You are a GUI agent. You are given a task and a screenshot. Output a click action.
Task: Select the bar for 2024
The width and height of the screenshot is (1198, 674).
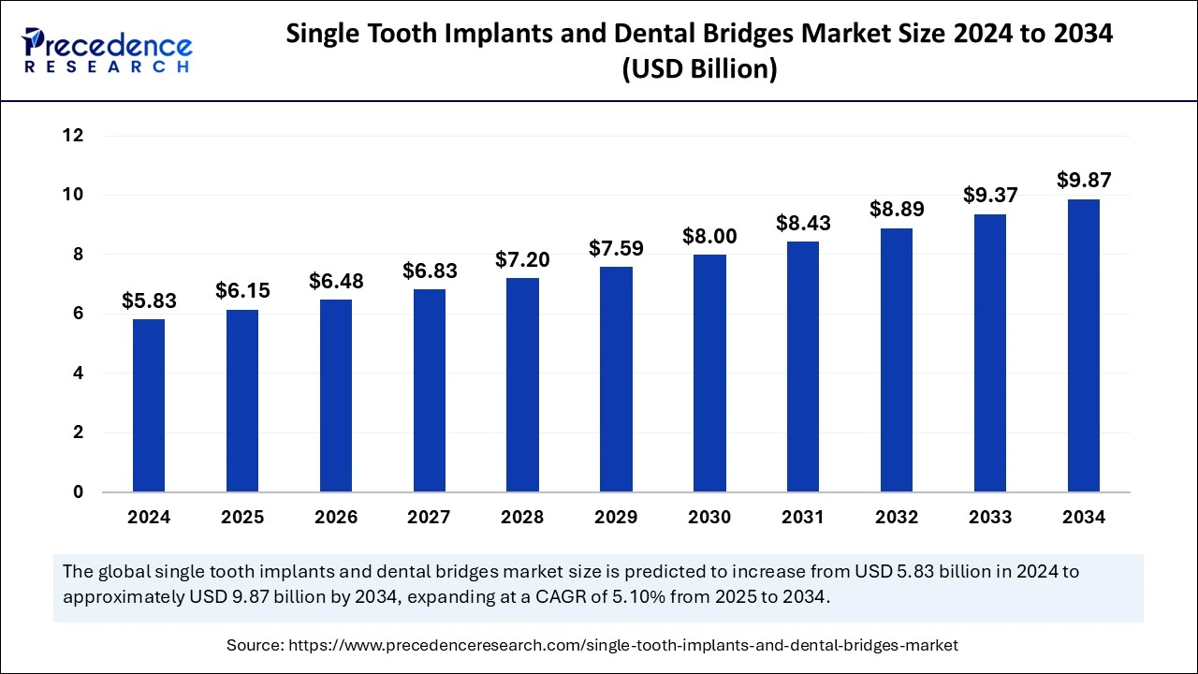click(149, 405)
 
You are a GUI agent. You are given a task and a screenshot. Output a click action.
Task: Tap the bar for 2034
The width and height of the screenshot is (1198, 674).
click(1084, 345)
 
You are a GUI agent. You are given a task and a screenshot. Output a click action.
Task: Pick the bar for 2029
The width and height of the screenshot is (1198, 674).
click(616, 379)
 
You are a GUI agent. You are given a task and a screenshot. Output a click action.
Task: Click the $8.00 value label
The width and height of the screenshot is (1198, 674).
click(709, 237)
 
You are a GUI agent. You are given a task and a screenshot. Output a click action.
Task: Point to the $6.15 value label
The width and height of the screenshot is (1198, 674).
click(242, 291)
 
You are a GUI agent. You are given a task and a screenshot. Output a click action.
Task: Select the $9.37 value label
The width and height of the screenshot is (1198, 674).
click(990, 196)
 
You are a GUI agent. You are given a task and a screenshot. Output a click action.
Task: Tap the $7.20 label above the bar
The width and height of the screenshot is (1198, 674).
click(522, 260)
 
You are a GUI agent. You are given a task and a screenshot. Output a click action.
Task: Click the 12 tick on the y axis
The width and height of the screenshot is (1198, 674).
click(73, 136)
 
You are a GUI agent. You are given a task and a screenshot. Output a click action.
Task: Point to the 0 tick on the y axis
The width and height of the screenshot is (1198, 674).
click(79, 492)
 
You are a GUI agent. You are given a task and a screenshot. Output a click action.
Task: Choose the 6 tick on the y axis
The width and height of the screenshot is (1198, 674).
click(79, 314)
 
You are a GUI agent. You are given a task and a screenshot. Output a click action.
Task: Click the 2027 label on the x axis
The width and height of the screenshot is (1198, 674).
click(429, 518)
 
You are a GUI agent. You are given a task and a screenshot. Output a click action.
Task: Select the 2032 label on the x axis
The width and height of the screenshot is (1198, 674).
click(897, 518)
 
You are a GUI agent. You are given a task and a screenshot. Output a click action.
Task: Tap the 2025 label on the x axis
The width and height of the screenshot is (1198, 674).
click(242, 518)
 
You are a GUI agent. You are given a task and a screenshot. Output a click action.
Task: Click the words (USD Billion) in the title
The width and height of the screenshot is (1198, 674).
click(699, 69)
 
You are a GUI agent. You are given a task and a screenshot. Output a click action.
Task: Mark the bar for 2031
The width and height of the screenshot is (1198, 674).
click(803, 366)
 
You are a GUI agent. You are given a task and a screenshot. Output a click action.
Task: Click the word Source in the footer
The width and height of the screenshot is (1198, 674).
click(255, 645)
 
